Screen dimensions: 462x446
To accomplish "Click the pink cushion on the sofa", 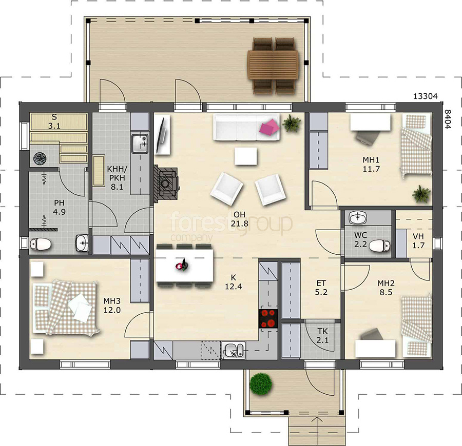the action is pyautogui.click(x=269, y=127).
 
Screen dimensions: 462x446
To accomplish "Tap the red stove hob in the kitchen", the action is pyautogui.click(x=268, y=319).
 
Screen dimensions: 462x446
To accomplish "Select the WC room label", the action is pyautogui.click(x=361, y=235).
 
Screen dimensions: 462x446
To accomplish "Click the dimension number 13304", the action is pyautogui.click(x=426, y=96).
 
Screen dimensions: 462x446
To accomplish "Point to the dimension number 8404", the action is pyautogui.click(x=448, y=119).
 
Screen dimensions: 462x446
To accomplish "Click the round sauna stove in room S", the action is pyautogui.click(x=40, y=158).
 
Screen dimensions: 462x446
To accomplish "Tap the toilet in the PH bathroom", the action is pyautogui.click(x=41, y=244).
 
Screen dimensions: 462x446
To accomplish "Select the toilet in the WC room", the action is pyautogui.click(x=380, y=246).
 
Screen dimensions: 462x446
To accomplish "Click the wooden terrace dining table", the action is pyautogui.click(x=273, y=65).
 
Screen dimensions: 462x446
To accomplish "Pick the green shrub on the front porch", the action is pyautogui.click(x=261, y=383).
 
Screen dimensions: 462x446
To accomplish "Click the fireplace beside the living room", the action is pyautogui.click(x=166, y=184).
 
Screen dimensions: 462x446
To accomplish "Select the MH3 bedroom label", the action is pyautogui.click(x=112, y=301).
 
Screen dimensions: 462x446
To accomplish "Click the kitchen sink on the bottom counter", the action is pyautogui.click(x=233, y=350).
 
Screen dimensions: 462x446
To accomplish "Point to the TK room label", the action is pyautogui.click(x=323, y=331).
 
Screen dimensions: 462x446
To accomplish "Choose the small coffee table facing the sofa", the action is pyautogui.click(x=246, y=156).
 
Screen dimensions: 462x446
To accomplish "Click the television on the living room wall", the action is pyautogui.click(x=162, y=134).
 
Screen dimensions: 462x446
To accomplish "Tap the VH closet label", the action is pyautogui.click(x=418, y=236).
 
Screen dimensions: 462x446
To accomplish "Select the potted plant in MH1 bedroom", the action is pyautogui.click(x=421, y=194).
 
